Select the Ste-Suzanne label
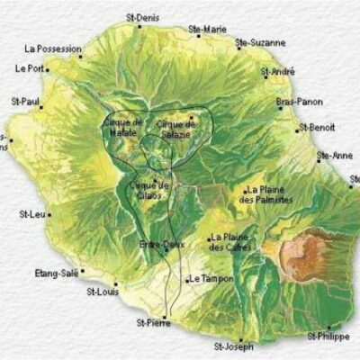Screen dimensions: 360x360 click(260, 41)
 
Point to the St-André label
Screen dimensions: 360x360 click(278, 70)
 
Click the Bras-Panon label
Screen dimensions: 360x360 click(300, 102)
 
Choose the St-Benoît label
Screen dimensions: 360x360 click(319, 127)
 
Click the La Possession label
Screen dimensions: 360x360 click(54, 49)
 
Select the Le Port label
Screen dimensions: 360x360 click(29, 67)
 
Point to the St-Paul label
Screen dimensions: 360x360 click(27, 103)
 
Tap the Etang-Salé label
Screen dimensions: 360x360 click(57, 272)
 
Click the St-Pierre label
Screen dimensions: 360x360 click(153, 321)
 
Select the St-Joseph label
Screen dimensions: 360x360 click(233, 345)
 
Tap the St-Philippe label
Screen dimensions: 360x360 click(325, 336)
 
